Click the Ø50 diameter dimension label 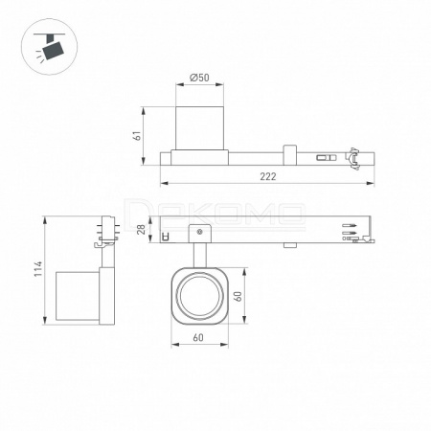(199, 78)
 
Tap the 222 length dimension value (267, 176)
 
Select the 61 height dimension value (137, 136)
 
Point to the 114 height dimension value (38, 269)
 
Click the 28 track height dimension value (141, 229)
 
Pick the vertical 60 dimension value (238, 296)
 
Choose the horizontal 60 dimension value (198, 337)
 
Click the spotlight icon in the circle (51, 46)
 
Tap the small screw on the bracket (199, 232)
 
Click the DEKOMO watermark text (215, 214)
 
